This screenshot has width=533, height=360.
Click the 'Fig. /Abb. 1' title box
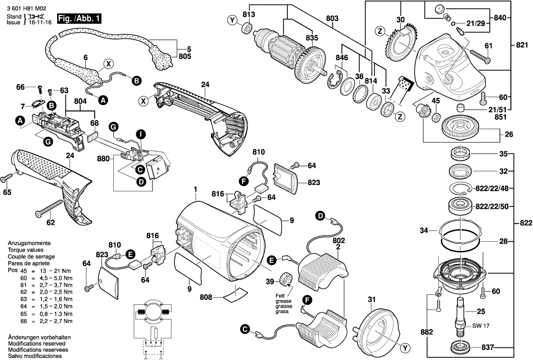point(79,19)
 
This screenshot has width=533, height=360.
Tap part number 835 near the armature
point(312,38)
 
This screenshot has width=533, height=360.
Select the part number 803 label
point(332,18)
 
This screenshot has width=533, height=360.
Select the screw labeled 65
point(9,179)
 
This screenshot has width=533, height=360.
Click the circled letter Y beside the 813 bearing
point(233,20)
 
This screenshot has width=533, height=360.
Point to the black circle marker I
point(140,133)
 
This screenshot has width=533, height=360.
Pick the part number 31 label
point(371,300)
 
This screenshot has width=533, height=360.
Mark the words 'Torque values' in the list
point(25,250)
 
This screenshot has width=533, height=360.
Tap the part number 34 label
point(425,231)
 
